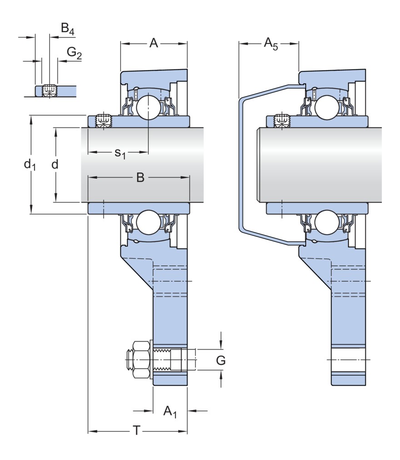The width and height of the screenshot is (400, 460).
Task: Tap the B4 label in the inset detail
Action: (67, 30)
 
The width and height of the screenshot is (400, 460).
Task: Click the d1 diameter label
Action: (30, 164)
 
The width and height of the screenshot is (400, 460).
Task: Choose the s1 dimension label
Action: (120, 153)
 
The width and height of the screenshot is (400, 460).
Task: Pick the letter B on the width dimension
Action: (140, 178)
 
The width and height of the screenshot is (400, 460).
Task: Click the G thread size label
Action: (220, 360)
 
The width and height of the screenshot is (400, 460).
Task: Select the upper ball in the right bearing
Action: (327, 105)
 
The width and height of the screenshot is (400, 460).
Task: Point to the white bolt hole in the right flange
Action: (348, 360)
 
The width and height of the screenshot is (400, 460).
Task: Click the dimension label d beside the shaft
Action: (55, 164)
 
